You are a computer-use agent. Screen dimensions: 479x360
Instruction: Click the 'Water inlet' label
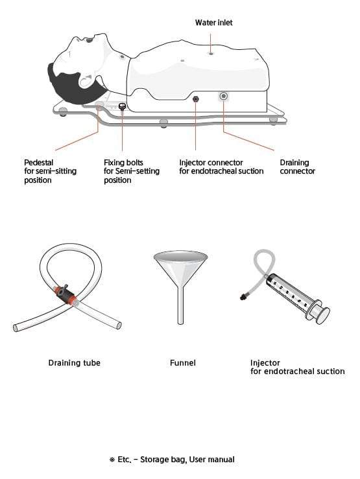(213, 23)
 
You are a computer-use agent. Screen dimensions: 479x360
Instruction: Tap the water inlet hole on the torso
(211, 53)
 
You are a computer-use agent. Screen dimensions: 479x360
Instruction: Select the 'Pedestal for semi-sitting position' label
(47, 171)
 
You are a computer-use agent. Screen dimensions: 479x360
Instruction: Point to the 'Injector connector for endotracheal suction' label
(221, 167)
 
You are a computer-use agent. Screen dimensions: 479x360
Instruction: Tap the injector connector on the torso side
(195, 99)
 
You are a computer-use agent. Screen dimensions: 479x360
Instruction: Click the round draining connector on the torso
(224, 97)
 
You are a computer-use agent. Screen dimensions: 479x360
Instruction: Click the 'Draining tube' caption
(74, 363)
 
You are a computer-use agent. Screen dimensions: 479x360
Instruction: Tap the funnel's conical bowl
(180, 266)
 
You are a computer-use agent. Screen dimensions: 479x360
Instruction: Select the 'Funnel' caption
(182, 363)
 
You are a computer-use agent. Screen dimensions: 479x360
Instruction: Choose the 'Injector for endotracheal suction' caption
(297, 367)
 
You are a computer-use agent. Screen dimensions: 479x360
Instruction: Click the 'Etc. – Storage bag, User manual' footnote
(172, 460)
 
